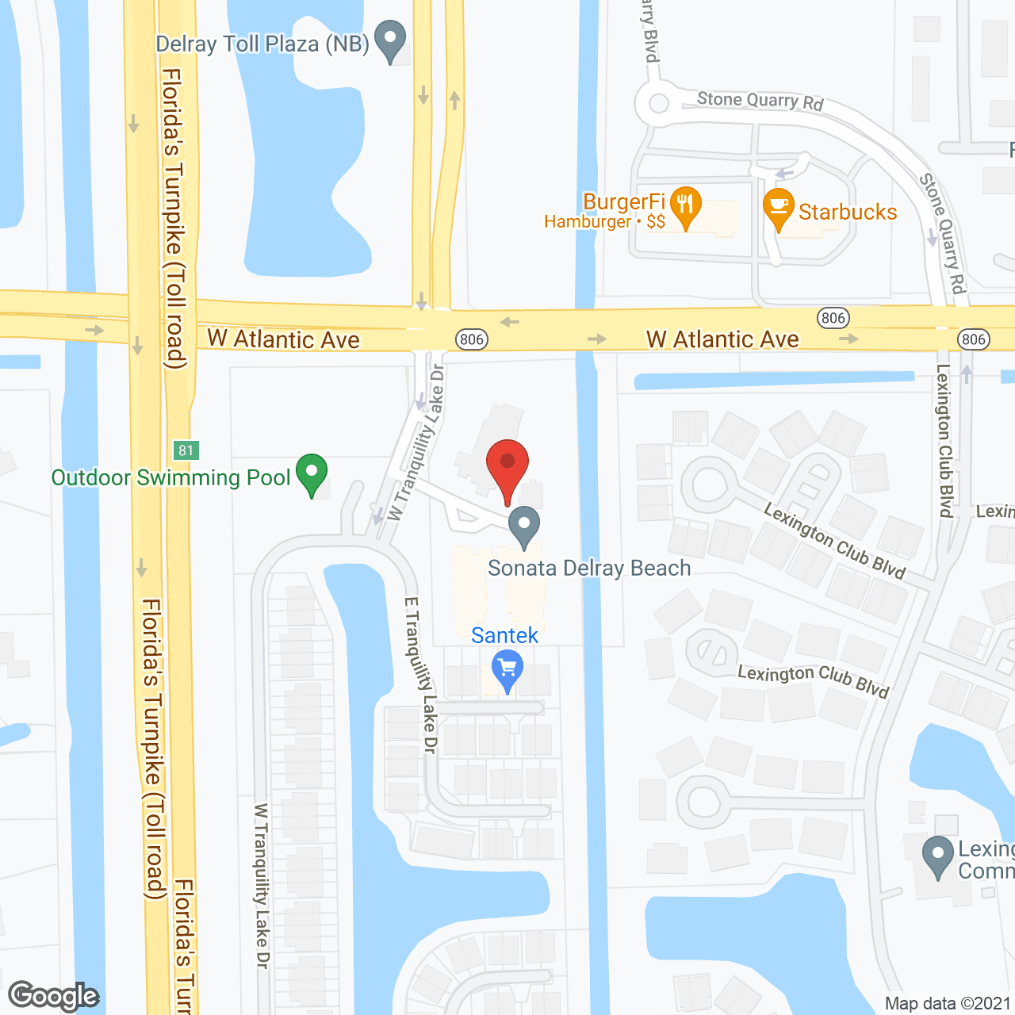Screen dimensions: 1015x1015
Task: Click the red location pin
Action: [507, 468]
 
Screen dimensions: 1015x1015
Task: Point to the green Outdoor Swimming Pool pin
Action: [312, 473]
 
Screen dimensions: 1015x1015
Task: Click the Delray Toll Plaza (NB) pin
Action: [389, 40]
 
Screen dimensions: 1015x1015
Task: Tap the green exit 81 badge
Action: [186, 450]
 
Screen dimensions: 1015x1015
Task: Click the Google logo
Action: [54, 996]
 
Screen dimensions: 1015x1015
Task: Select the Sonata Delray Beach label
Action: [589, 568]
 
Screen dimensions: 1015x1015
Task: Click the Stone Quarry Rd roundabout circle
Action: [658, 103]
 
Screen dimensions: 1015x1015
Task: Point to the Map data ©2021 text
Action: [948, 1004]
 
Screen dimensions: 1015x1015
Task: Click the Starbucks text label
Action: [848, 212]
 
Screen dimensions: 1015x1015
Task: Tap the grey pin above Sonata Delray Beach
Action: [523, 526]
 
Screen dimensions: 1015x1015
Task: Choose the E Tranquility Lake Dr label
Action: [421, 674]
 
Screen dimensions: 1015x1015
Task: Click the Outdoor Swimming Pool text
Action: [170, 477]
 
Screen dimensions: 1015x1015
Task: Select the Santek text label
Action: [504, 635]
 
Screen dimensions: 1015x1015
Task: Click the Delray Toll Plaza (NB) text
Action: [262, 44]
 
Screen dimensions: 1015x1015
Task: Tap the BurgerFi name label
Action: [624, 201]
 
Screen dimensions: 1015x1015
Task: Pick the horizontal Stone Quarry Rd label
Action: [760, 101]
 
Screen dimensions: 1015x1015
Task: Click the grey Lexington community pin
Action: [938, 856]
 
